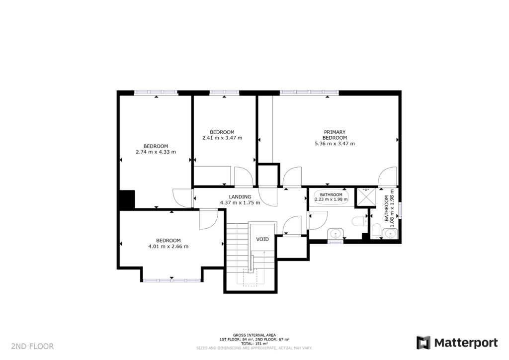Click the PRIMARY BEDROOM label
click(x=335, y=135)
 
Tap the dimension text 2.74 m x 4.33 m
click(x=156, y=152)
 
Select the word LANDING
click(x=240, y=197)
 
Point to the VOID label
click(x=262, y=239)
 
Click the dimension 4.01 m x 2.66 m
click(x=168, y=246)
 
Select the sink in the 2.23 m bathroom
click(x=336, y=233)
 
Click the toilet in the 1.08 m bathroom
click(x=376, y=230)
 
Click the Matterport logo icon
click(x=423, y=343)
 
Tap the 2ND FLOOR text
click(x=32, y=346)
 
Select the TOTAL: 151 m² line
click(x=254, y=344)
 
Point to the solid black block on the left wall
click(x=127, y=199)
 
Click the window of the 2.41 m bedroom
click(x=224, y=92)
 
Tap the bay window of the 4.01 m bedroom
click(x=172, y=280)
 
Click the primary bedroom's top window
click(x=309, y=92)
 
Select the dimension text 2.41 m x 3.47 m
click(x=222, y=138)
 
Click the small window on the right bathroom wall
click(x=400, y=210)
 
